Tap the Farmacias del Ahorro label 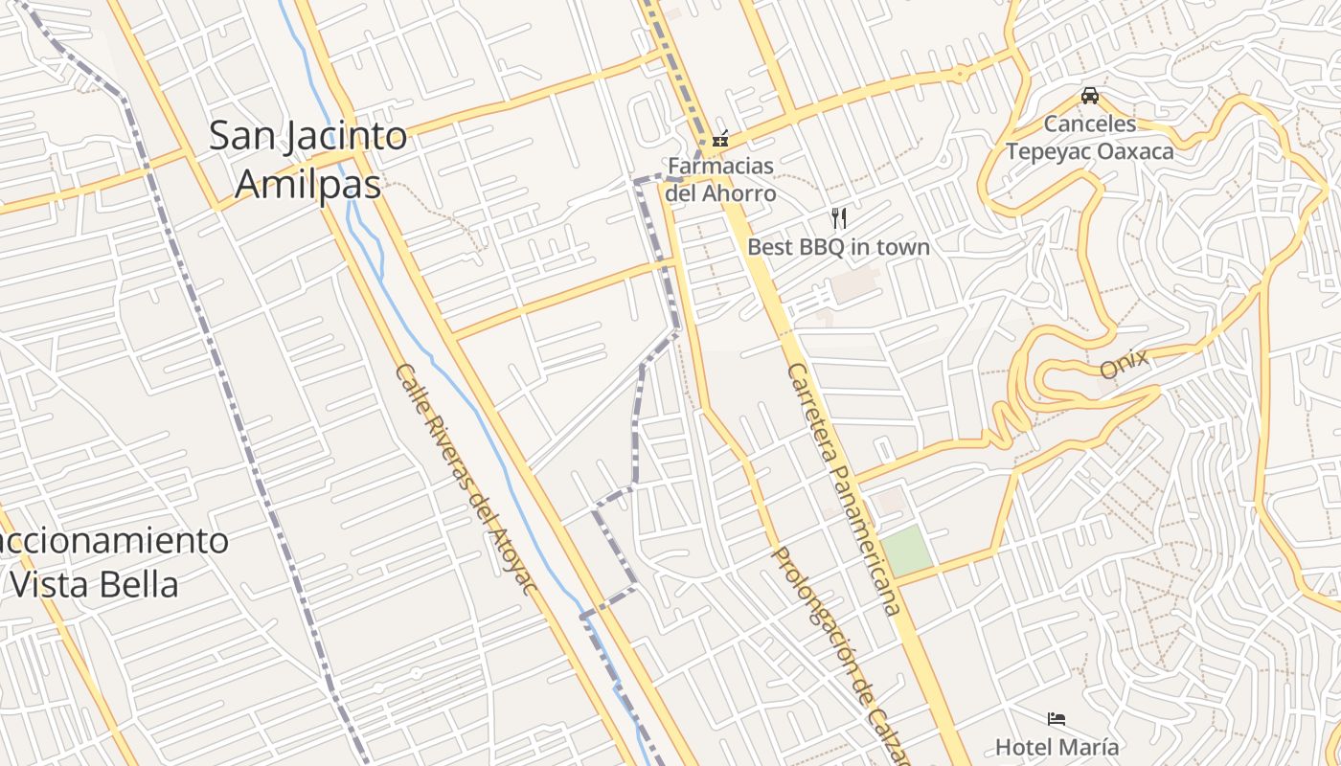(x=720, y=179)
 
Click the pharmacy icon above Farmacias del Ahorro (x=720, y=139)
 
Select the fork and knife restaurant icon (x=839, y=217)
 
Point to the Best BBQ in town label (x=838, y=247)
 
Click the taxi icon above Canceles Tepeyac (x=1090, y=96)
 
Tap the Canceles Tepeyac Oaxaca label (x=1090, y=137)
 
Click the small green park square (x=905, y=551)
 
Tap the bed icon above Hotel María (x=1057, y=719)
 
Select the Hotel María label (x=1057, y=746)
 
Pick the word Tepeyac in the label (x=1048, y=150)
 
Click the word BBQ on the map (x=819, y=247)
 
